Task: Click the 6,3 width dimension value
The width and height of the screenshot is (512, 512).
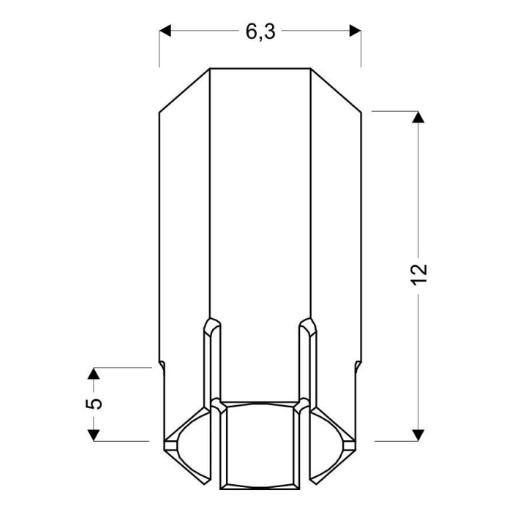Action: point(260,32)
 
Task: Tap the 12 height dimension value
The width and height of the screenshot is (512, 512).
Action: point(418,274)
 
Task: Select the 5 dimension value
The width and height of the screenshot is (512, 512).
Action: point(94,404)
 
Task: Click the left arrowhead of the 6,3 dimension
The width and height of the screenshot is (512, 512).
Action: point(165,31)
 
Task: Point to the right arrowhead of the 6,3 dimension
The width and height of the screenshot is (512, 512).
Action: point(355,31)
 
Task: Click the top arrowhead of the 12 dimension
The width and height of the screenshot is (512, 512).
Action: point(418,117)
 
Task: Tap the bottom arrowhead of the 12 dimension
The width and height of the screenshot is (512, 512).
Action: point(418,435)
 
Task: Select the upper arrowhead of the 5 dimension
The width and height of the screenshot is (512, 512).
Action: point(94,373)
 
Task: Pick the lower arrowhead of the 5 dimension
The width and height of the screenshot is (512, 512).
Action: point(94,435)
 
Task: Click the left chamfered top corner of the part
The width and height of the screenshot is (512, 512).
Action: point(184,91)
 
